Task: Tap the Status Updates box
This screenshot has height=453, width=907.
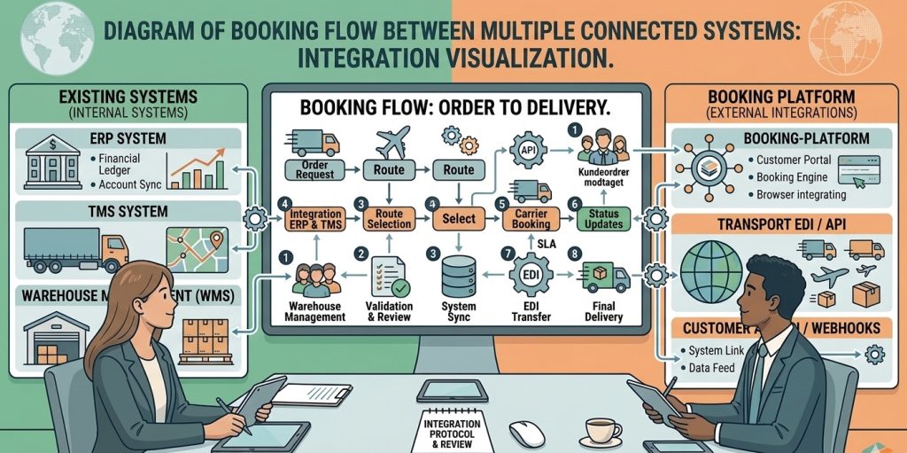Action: pyautogui.click(x=603, y=219)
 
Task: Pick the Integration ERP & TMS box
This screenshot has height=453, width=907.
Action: pyautogui.click(x=315, y=219)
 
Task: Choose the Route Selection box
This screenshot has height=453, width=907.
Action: pyautogui.click(x=389, y=219)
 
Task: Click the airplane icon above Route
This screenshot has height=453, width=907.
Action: pyautogui.click(x=390, y=143)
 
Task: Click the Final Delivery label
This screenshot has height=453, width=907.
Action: pyautogui.click(x=603, y=311)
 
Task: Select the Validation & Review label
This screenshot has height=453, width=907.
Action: pyautogui.click(x=389, y=311)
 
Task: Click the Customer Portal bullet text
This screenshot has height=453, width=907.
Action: pyautogui.click(x=794, y=160)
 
